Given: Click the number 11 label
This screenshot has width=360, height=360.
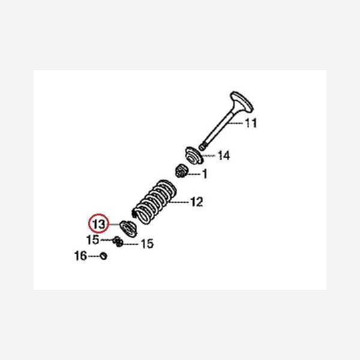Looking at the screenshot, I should (x=250, y=125).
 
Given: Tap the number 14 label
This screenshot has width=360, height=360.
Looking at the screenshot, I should (x=223, y=157).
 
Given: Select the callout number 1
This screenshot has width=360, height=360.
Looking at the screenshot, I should (x=204, y=175).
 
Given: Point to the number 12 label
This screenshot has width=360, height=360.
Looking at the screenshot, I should (x=196, y=202).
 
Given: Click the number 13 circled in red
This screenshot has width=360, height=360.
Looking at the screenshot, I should (x=98, y=224).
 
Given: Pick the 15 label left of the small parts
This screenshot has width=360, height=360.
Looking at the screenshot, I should (x=92, y=239).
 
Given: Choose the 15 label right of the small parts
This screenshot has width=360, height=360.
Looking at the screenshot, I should (x=146, y=244).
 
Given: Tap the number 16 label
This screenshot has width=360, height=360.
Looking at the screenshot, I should (x=80, y=256).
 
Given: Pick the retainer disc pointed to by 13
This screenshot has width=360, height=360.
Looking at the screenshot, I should (x=127, y=227).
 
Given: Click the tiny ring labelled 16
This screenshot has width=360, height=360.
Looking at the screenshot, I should (x=103, y=256).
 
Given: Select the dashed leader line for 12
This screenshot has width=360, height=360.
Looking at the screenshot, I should (x=179, y=202).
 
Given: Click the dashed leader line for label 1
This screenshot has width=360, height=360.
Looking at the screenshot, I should (x=195, y=175).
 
